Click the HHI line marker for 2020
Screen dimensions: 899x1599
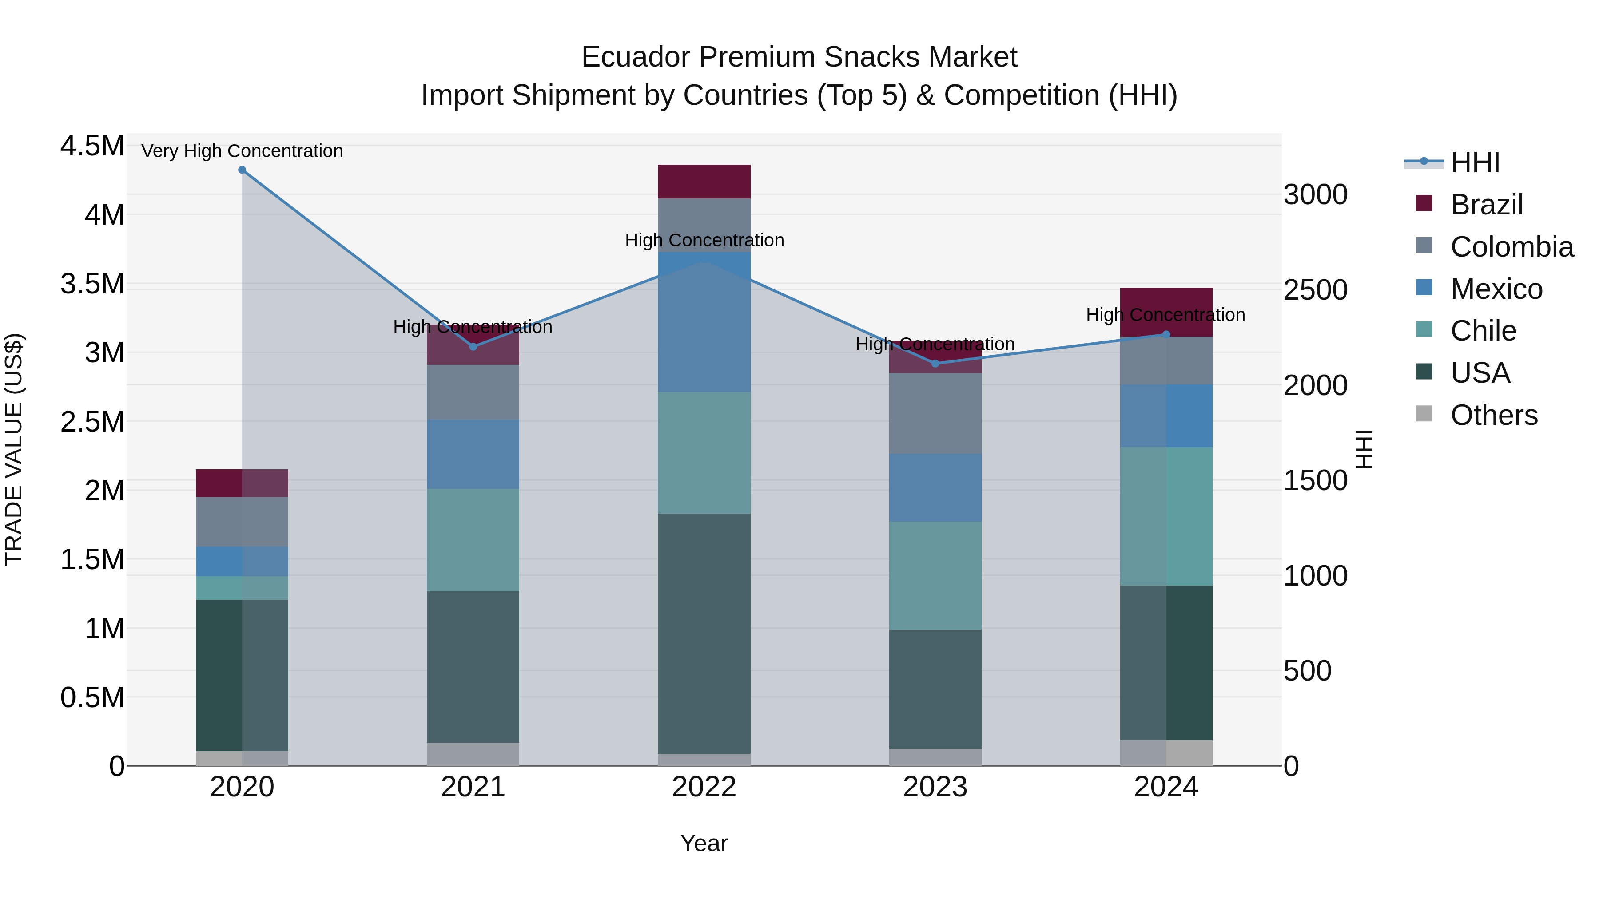coord(242,170)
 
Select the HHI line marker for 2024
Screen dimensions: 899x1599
coord(1166,334)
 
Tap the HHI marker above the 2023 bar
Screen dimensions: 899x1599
coord(935,364)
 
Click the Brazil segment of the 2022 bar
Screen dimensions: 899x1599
coord(704,182)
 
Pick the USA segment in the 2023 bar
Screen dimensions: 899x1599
coord(935,689)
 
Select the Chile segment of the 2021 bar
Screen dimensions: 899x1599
coord(473,540)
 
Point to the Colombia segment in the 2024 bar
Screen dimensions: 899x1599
coord(1166,360)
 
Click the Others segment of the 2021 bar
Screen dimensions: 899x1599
coord(473,754)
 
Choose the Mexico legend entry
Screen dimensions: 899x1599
coord(1496,289)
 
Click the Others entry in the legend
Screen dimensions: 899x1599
coord(1493,415)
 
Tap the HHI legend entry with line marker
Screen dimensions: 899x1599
coord(1452,162)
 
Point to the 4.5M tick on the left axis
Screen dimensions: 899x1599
coord(92,147)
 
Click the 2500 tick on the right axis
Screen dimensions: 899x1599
coord(1315,290)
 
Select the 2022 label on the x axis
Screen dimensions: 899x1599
coord(704,787)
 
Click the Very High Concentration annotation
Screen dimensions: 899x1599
coord(242,151)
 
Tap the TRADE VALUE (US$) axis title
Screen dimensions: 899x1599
coord(14,449)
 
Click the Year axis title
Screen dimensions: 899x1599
coord(704,843)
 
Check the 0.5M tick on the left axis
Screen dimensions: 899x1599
coord(92,697)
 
